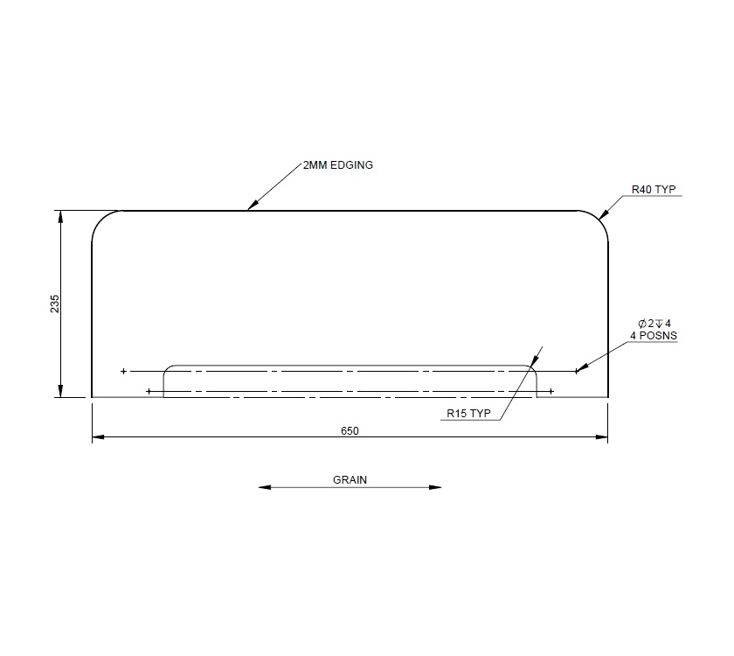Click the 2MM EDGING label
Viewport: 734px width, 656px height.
click(x=337, y=164)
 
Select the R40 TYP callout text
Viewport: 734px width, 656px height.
click(x=654, y=189)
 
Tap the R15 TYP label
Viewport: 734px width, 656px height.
click(x=469, y=414)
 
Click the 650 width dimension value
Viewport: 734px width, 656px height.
click(x=350, y=430)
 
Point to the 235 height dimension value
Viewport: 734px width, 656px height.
click(x=54, y=304)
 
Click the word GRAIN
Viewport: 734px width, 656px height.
click(x=350, y=479)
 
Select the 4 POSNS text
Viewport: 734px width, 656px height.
click(x=653, y=335)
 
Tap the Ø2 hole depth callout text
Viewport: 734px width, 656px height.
click(x=654, y=323)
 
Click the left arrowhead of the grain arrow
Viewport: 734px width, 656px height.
click(x=263, y=487)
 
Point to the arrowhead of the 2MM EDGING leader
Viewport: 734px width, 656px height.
click(x=251, y=207)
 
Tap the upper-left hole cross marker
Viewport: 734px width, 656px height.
click(x=123, y=372)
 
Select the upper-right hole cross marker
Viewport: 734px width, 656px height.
click(x=577, y=372)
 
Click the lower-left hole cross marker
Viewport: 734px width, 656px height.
click(x=149, y=391)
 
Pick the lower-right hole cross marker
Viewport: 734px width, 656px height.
click(x=550, y=391)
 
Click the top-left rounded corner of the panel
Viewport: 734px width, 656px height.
click(x=101, y=220)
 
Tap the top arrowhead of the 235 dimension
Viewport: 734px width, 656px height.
click(x=60, y=214)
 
